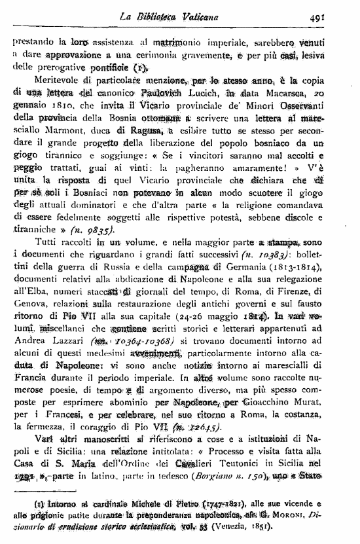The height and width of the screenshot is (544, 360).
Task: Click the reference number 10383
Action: (269, 255)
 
